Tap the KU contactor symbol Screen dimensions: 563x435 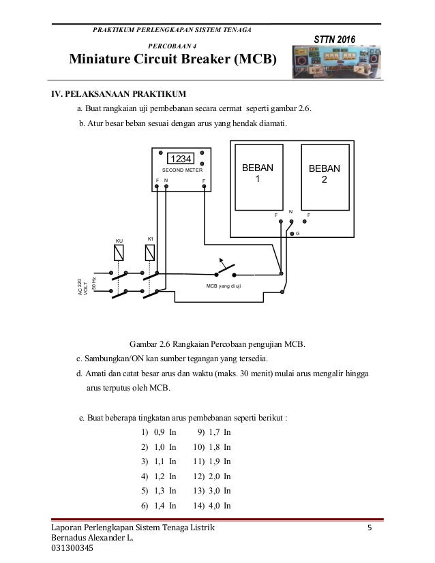(119, 254)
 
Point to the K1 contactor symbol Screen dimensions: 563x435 (151, 253)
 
